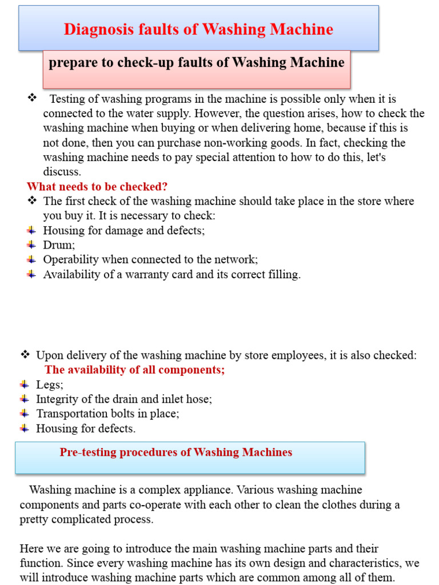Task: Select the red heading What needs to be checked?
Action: (97, 187)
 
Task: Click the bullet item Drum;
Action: (59, 245)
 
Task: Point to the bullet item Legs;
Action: (50, 384)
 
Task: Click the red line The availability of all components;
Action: (134, 370)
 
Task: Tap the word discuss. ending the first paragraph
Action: (62, 172)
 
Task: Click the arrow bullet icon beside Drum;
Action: (31, 245)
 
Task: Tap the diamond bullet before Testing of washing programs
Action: (33, 98)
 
